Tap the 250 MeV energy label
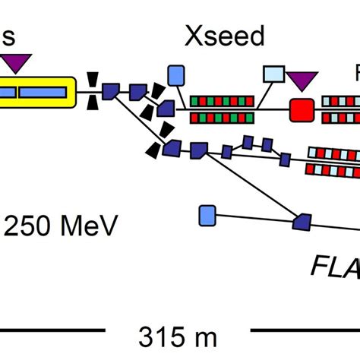click(61, 226)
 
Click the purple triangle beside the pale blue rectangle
click(302, 79)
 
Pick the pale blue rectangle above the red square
click(273, 74)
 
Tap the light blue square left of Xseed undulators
click(176, 74)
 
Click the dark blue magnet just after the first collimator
click(111, 92)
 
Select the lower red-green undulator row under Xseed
click(220, 117)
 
